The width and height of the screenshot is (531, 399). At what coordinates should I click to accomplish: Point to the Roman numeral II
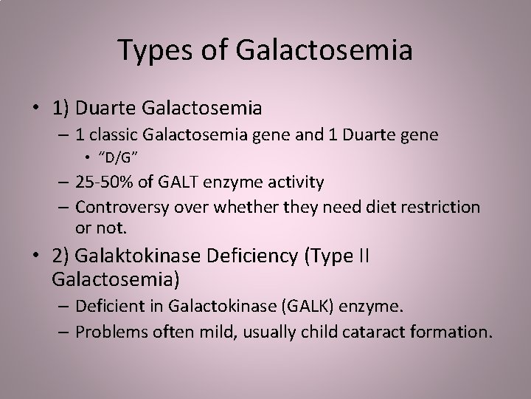coord(362,258)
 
